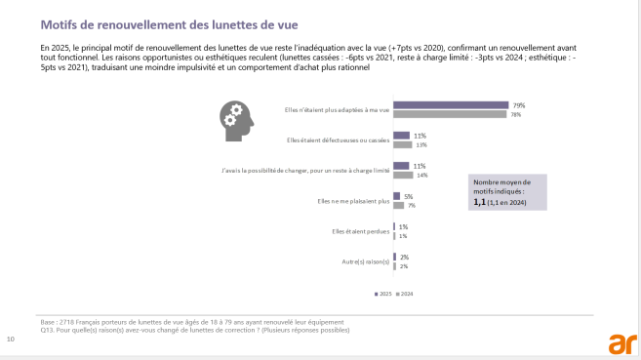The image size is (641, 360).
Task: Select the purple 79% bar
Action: point(450,104)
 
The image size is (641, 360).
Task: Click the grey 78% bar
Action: point(449,114)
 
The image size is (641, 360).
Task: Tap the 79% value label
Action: point(519,104)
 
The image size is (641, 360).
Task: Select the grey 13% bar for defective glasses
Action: point(402,145)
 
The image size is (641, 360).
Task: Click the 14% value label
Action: point(421,176)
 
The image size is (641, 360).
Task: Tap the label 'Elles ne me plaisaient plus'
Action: point(353,201)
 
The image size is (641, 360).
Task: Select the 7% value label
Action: point(411,206)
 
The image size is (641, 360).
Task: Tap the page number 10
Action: point(11,340)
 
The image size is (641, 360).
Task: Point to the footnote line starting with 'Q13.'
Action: point(194,330)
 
